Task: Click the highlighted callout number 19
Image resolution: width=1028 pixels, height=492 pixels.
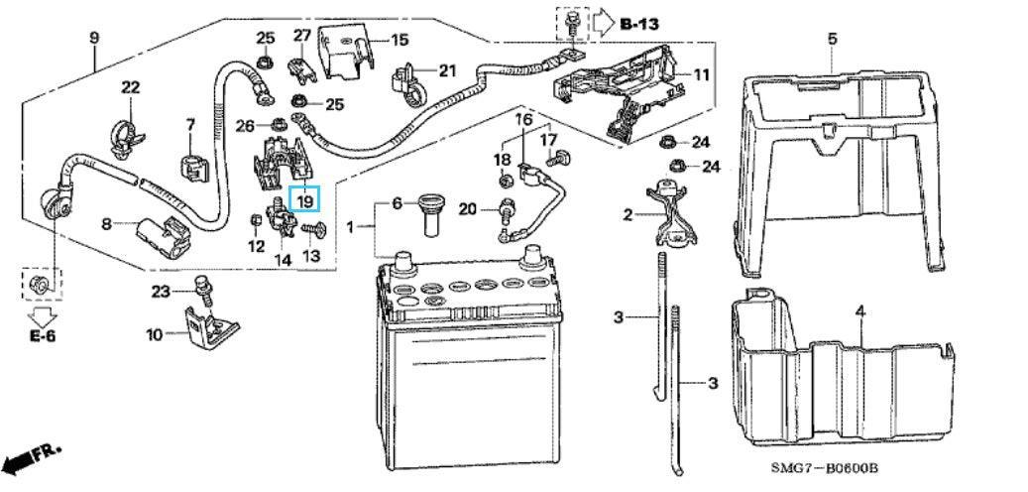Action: pyautogui.click(x=305, y=200)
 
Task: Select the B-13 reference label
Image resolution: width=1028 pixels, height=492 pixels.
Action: pyautogui.click(x=638, y=22)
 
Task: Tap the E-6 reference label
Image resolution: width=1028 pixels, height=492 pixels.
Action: pyautogui.click(x=42, y=337)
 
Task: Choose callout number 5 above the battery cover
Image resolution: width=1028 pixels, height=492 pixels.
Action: pyautogui.click(x=832, y=39)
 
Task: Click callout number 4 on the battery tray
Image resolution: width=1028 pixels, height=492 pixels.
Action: pyautogui.click(x=860, y=311)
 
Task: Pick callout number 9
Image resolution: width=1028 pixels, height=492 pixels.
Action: pyautogui.click(x=94, y=39)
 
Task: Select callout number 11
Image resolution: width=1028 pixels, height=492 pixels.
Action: pyautogui.click(x=701, y=75)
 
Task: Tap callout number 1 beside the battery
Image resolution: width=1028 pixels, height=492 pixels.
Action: pyautogui.click(x=349, y=228)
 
